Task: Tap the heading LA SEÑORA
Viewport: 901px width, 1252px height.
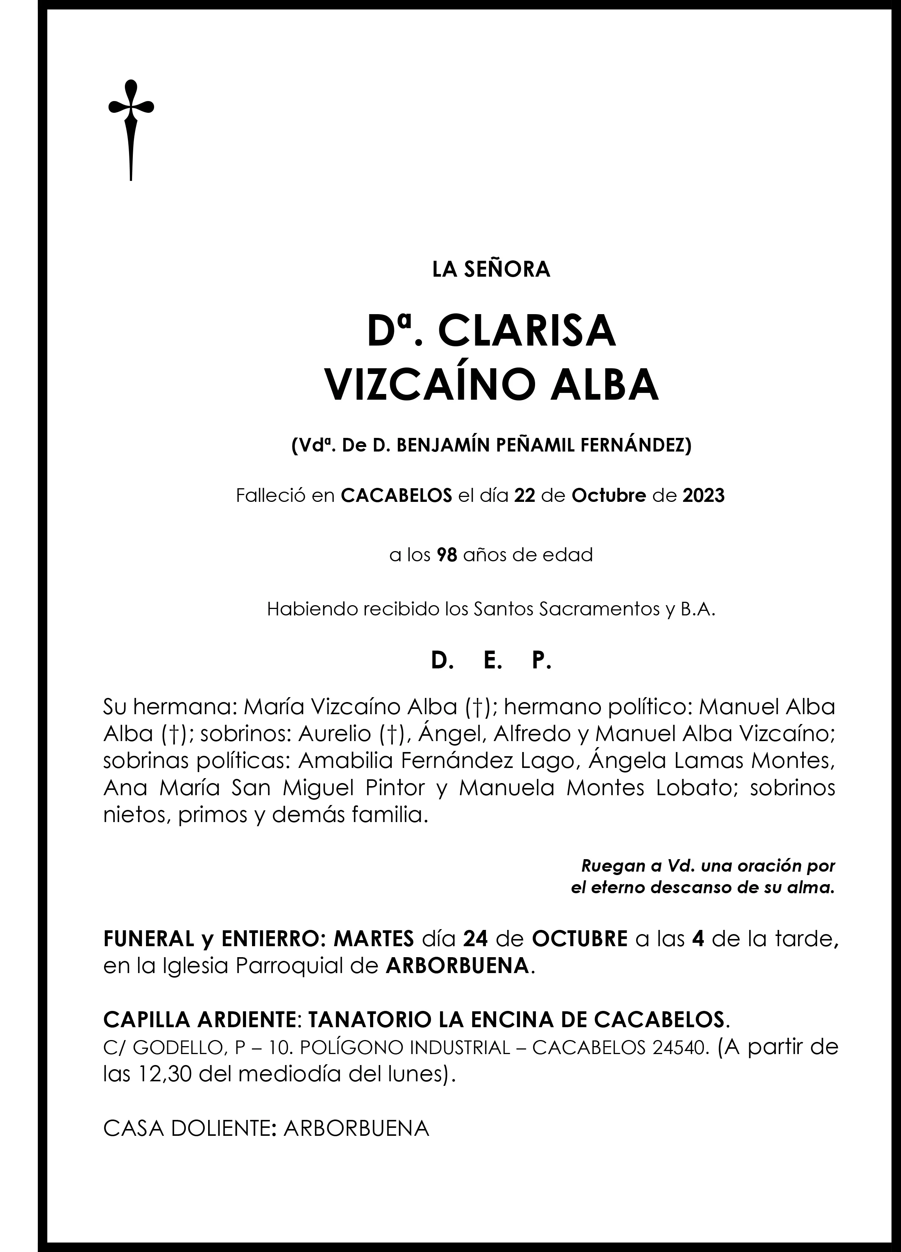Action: pyautogui.click(x=491, y=270)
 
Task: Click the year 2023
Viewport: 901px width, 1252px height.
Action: pyautogui.click(x=703, y=496)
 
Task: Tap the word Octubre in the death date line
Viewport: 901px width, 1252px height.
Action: pyautogui.click(x=608, y=496)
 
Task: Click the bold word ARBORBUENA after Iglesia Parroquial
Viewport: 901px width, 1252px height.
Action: pyautogui.click(x=457, y=965)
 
